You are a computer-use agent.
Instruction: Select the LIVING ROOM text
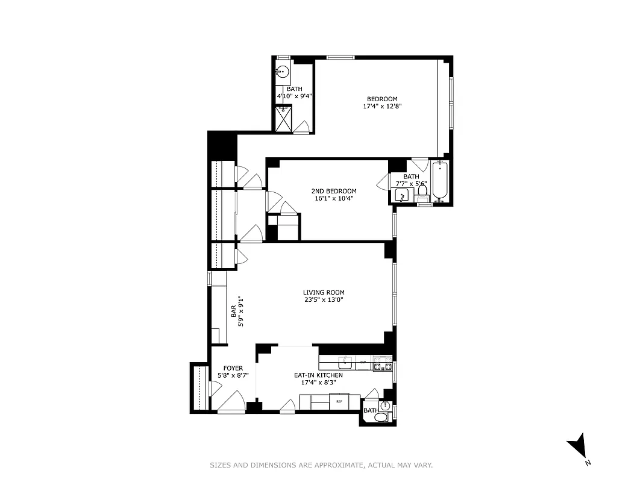coord(324,293)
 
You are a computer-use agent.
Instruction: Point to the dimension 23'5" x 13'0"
coord(324,300)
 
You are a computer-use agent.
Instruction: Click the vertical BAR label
coord(233,311)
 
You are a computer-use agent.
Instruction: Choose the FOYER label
coord(233,368)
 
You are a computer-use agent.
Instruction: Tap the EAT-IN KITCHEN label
coord(318,375)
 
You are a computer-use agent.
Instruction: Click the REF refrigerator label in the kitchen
coord(339,401)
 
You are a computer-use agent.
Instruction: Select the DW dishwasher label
coord(363,363)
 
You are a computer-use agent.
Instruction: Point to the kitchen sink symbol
coord(345,363)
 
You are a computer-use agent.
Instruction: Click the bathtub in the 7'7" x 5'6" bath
coord(439,180)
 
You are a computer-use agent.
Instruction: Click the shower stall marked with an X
coord(283,119)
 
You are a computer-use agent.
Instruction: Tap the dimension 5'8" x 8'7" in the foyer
coord(233,375)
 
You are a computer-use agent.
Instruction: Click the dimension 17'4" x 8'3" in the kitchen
coord(318,382)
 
